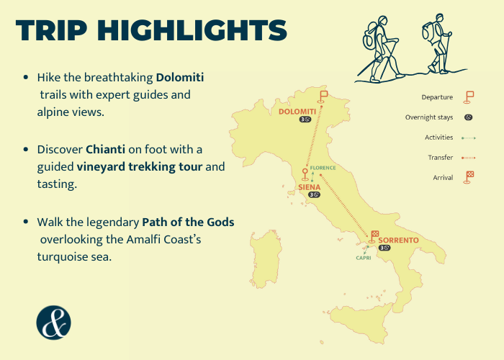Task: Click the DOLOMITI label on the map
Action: (x=297, y=112)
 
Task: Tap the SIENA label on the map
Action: (x=309, y=187)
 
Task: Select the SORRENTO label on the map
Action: (x=399, y=240)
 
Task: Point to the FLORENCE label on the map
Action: (x=323, y=168)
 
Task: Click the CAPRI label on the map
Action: (x=364, y=258)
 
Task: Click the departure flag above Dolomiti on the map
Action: (x=323, y=97)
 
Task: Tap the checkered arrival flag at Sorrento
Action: (x=374, y=237)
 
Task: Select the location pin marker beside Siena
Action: (x=305, y=174)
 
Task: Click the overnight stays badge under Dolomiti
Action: (x=305, y=120)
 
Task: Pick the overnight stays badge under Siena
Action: (x=314, y=195)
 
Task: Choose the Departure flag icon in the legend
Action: (x=468, y=97)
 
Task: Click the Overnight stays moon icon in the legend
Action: (x=468, y=117)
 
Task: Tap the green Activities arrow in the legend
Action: (x=469, y=138)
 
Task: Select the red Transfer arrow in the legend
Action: (x=469, y=158)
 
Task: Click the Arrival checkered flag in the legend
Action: (x=468, y=177)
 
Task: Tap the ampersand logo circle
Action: (x=54, y=323)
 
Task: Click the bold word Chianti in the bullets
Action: (x=105, y=150)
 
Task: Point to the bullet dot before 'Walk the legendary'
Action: (x=26, y=222)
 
